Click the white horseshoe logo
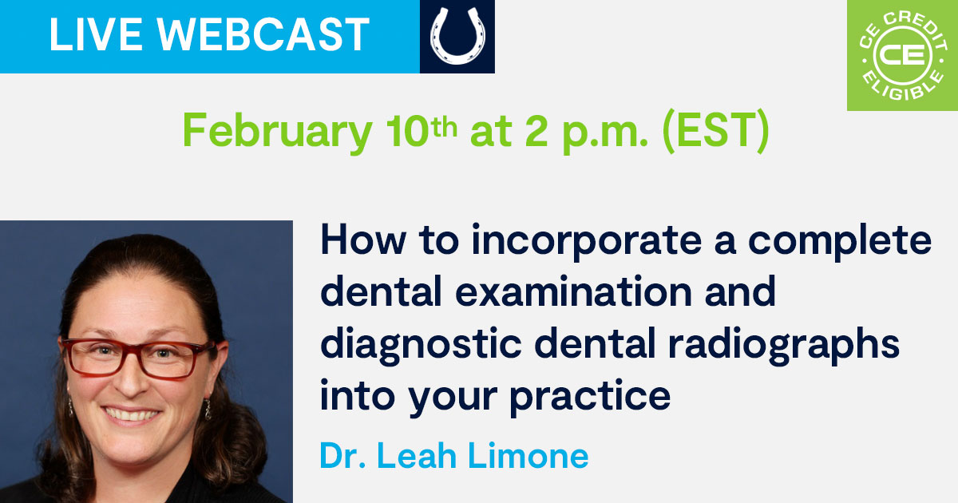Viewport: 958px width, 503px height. click(457, 37)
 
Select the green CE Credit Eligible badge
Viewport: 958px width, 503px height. click(902, 55)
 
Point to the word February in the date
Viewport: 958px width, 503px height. click(278, 131)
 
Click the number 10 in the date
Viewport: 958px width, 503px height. click(406, 130)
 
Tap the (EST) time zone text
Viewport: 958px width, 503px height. click(715, 131)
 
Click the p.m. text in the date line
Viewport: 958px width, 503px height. click(605, 135)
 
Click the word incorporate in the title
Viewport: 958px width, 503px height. click(586, 241)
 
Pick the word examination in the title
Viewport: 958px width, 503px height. click(573, 291)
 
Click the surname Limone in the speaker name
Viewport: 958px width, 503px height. click(528, 456)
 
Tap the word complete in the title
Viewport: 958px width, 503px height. click(840, 241)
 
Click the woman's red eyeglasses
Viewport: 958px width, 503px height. click(137, 358)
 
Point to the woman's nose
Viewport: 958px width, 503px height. click(131, 378)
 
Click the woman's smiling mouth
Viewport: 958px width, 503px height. click(131, 415)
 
